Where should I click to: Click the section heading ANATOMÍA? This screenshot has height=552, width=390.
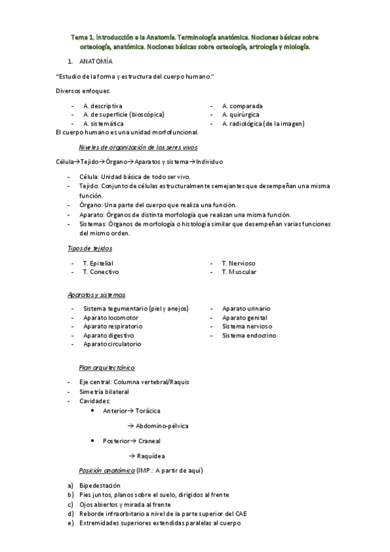tap(95, 62)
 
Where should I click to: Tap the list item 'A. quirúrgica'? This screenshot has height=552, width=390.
tap(242, 115)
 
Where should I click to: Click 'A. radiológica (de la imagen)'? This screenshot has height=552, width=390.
tap(263, 124)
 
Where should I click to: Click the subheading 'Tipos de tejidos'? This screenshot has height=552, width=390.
tap(90, 249)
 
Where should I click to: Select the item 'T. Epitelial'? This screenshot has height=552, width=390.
tap(98, 263)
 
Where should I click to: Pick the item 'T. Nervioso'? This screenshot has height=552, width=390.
tap(238, 263)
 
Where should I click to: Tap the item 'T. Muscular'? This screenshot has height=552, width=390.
tap(239, 272)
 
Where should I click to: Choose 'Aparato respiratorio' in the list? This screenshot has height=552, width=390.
tap(113, 326)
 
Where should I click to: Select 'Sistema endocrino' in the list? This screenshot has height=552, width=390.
tap(249, 335)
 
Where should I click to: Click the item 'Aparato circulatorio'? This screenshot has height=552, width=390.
tap(112, 344)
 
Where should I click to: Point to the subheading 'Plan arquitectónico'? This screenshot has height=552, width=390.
tap(107, 368)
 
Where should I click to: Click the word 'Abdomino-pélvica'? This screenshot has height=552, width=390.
tap(162, 426)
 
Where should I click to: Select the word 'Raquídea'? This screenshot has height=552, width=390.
tap(150, 456)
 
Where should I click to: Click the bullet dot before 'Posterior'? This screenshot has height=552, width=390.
tap(94, 441)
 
